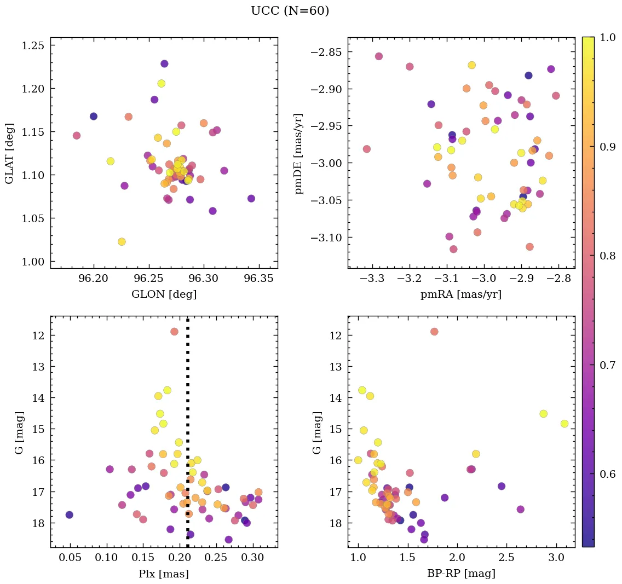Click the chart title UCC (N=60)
point(290,11)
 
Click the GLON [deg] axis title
point(164,294)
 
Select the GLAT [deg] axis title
point(9,153)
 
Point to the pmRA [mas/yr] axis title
point(460,294)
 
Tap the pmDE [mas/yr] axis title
point(299,153)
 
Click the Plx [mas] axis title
point(164,574)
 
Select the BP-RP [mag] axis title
point(460,574)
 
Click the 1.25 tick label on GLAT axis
point(32,45)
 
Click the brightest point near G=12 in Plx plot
point(174,331)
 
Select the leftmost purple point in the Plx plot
point(69,514)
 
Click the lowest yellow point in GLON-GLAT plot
point(122,241)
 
